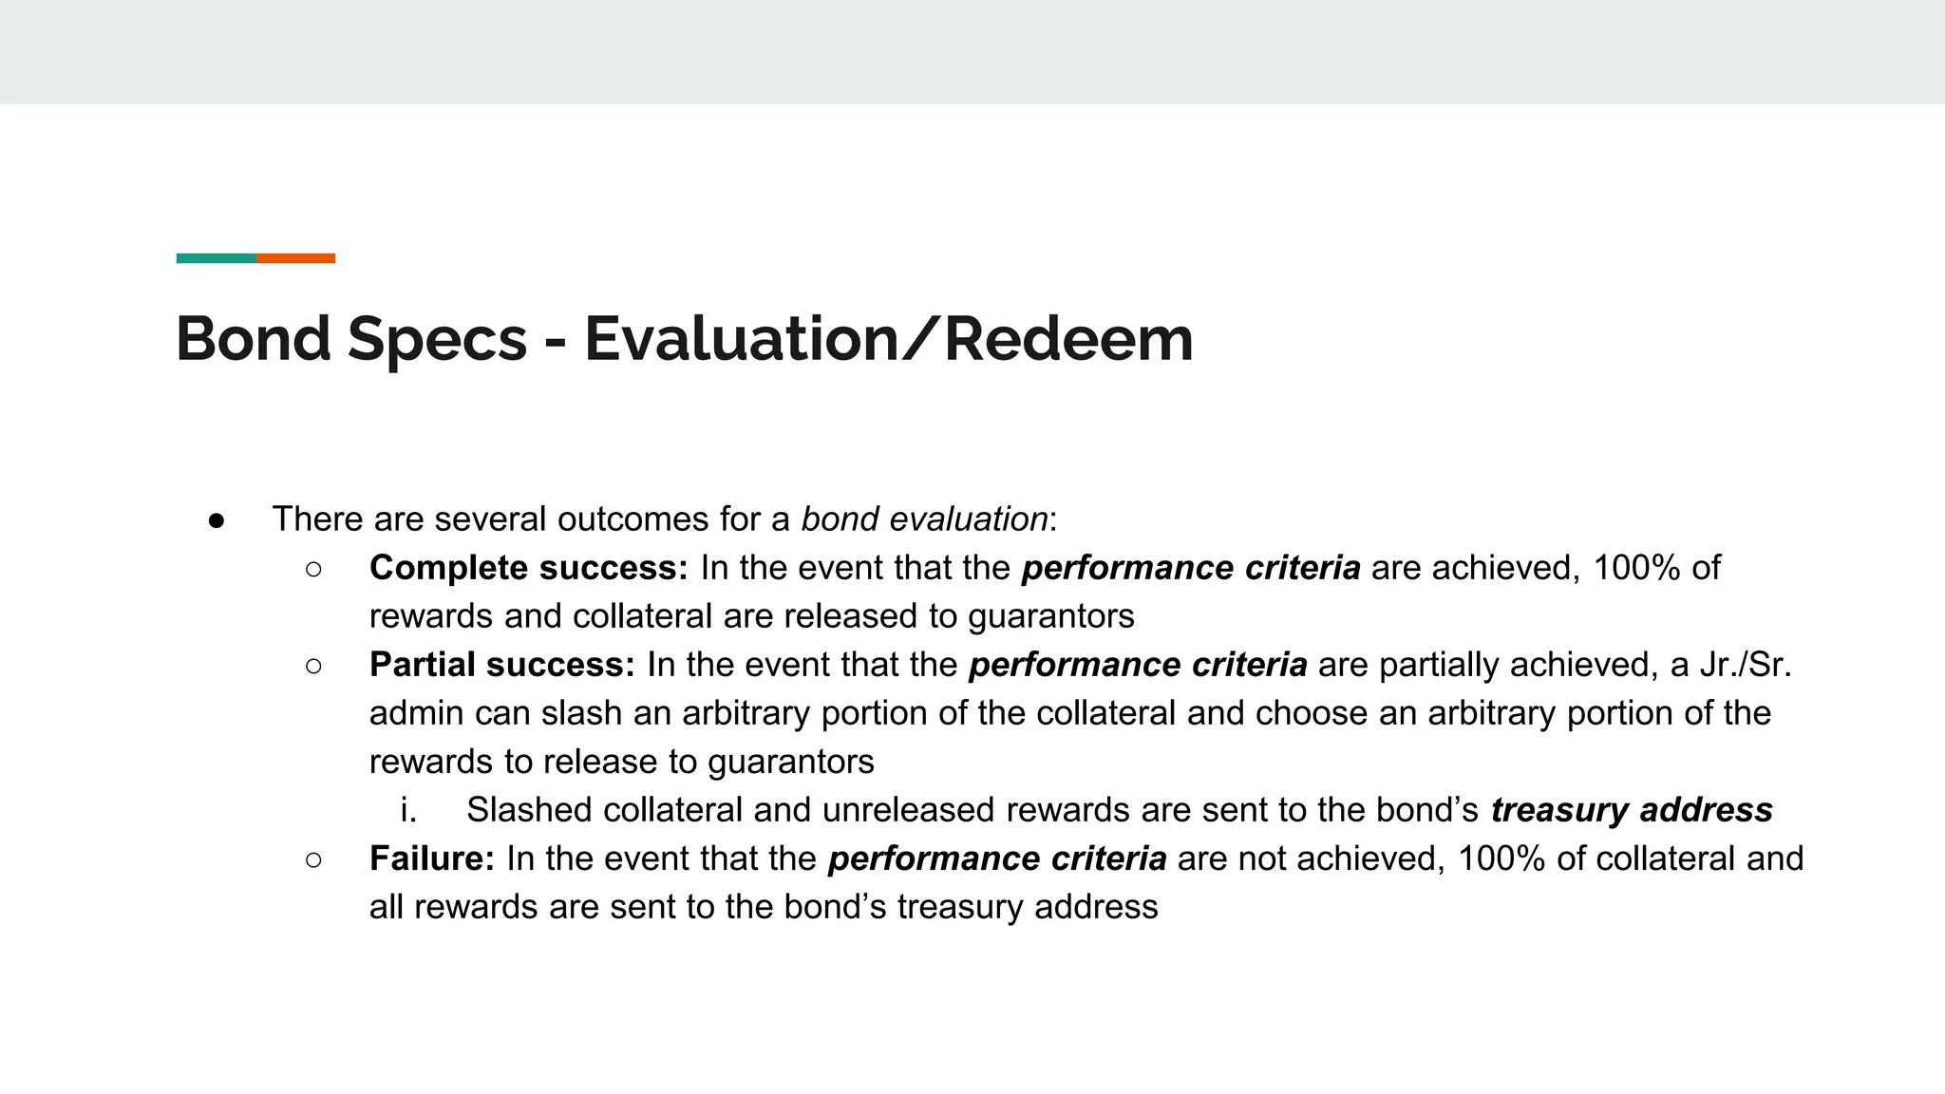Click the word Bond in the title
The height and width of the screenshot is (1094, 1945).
tap(253, 339)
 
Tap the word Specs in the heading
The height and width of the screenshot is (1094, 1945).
tap(437, 339)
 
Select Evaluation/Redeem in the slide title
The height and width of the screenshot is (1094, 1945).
tap(888, 339)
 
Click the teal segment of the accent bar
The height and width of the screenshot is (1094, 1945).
tap(217, 258)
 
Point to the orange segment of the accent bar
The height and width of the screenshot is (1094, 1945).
tap(295, 258)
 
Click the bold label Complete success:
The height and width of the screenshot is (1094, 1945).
tap(528, 568)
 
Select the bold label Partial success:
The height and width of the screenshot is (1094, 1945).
tap(501, 665)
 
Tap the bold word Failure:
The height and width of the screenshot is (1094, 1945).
tap(431, 858)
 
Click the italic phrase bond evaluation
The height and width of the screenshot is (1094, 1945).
tap(924, 519)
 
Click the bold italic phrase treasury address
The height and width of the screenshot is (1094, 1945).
tap(1631, 810)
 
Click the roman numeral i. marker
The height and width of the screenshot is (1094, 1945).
tap(408, 810)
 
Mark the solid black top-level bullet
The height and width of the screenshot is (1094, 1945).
tap(217, 520)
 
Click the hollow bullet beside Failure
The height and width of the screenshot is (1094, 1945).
tap(314, 859)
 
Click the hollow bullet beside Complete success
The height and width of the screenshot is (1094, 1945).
tap(314, 569)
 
